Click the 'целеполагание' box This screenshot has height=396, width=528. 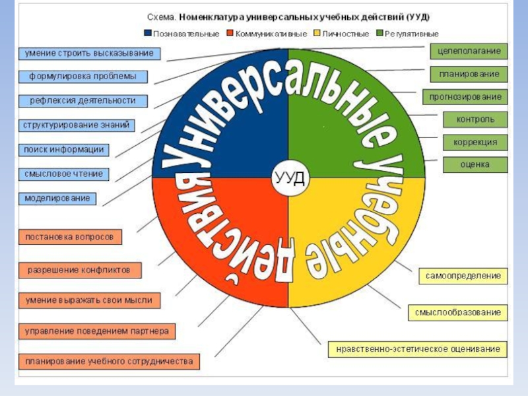coord(469,51)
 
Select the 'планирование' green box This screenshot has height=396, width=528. coord(469,74)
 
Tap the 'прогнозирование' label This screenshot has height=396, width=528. coord(465,97)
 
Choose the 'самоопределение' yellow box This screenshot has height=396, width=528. coord(463,276)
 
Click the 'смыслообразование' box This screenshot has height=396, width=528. coord(458,312)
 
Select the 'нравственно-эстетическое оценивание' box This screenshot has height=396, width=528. coord(418,348)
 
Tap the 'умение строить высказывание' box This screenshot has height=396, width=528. coord(88,53)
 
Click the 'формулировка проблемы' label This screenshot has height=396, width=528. coord(82,77)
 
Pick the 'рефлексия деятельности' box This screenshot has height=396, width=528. coord(82,101)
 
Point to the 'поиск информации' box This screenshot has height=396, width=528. coord(63,150)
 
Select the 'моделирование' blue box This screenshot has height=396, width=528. coord(57,198)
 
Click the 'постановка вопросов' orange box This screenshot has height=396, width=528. coord(69,236)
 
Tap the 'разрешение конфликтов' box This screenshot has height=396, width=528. coord(79,270)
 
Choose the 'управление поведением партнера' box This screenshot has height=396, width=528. coord(96,331)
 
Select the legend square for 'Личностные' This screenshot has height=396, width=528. coord(317,34)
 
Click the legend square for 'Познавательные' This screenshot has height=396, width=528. coord(148,34)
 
